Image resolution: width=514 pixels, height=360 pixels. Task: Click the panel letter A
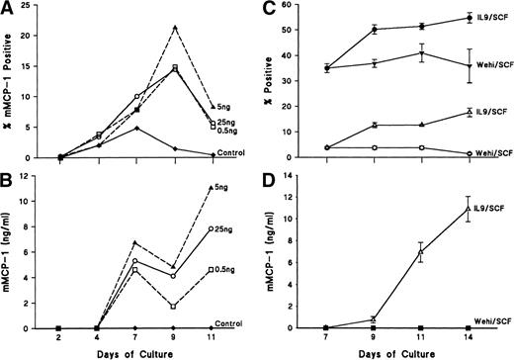click(x=8, y=9)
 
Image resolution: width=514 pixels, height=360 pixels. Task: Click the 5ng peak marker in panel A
click(x=175, y=28)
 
